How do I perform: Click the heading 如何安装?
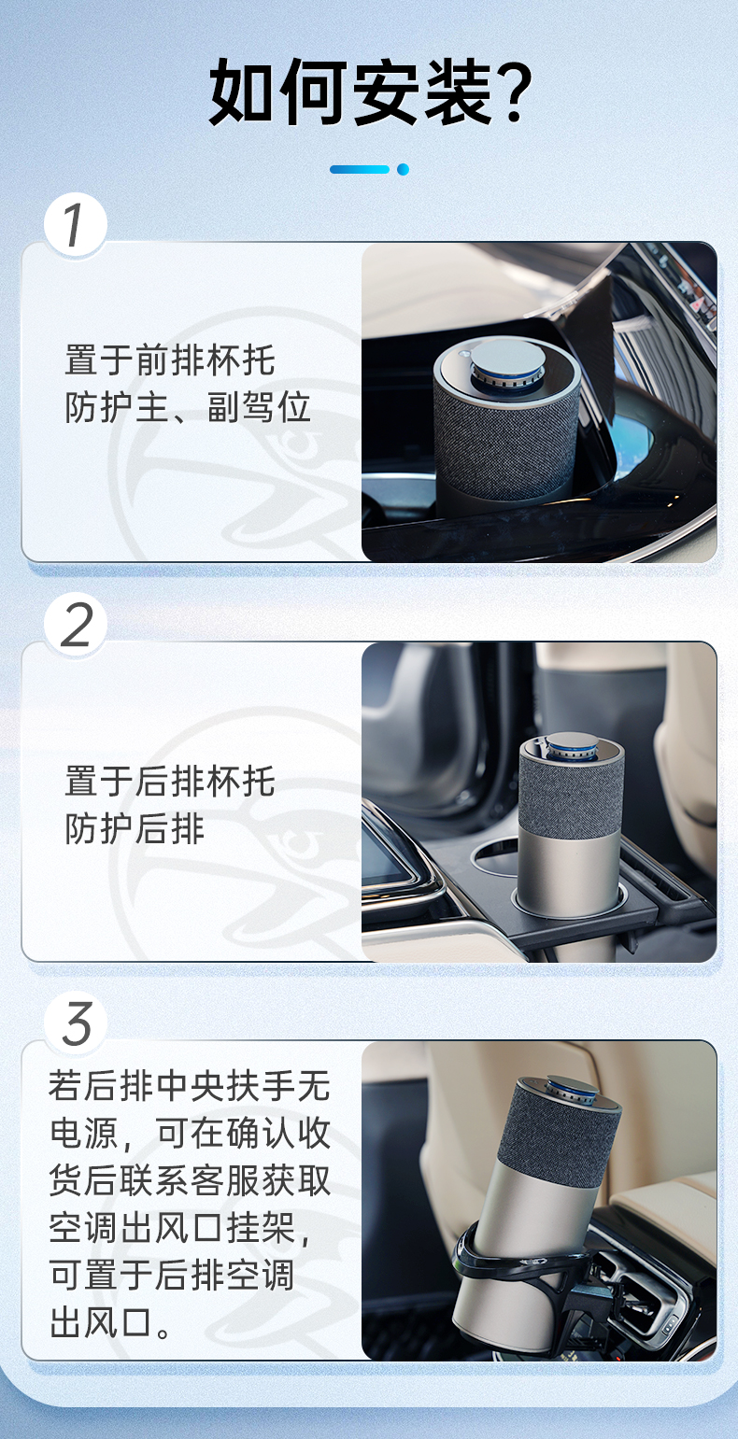370,92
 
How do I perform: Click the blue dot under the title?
403,170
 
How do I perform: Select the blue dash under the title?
360,170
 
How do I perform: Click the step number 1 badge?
76,225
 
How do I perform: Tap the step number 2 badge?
76,625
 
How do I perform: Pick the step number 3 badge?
76,1023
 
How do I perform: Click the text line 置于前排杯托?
170,360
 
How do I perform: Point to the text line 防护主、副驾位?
188,407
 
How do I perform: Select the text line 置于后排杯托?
170,782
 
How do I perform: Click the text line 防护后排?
135,828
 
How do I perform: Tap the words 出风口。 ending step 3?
110,1323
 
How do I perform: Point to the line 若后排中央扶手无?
190,1086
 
